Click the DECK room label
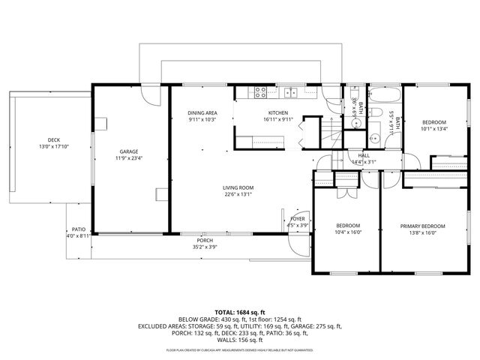click(53, 139)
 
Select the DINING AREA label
click(202, 112)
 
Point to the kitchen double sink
click(291, 93)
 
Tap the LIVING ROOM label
click(238, 187)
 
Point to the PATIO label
click(78, 229)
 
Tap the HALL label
click(364, 154)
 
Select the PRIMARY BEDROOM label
click(422, 226)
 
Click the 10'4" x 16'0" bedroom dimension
click(348, 232)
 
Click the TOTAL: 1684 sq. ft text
click(240, 311)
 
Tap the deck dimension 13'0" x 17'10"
click(53, 146)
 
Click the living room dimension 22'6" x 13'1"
click(238, 194)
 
